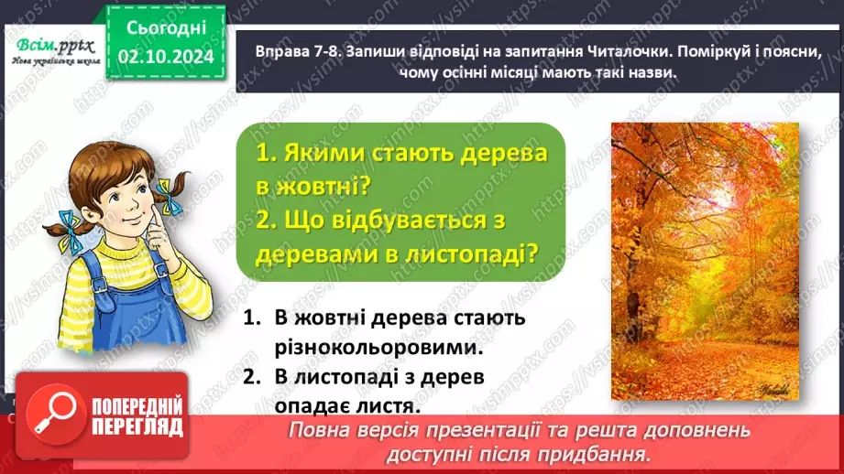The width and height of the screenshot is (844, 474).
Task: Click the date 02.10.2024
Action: (165, 58)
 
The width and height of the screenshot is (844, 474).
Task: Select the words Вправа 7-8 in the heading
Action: (287, 51)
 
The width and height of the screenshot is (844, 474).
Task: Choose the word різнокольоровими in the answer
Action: (378, 348)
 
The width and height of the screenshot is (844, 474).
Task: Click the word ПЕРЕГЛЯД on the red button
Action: (137, 427)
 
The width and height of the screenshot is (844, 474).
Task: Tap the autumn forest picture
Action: (704, 261)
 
